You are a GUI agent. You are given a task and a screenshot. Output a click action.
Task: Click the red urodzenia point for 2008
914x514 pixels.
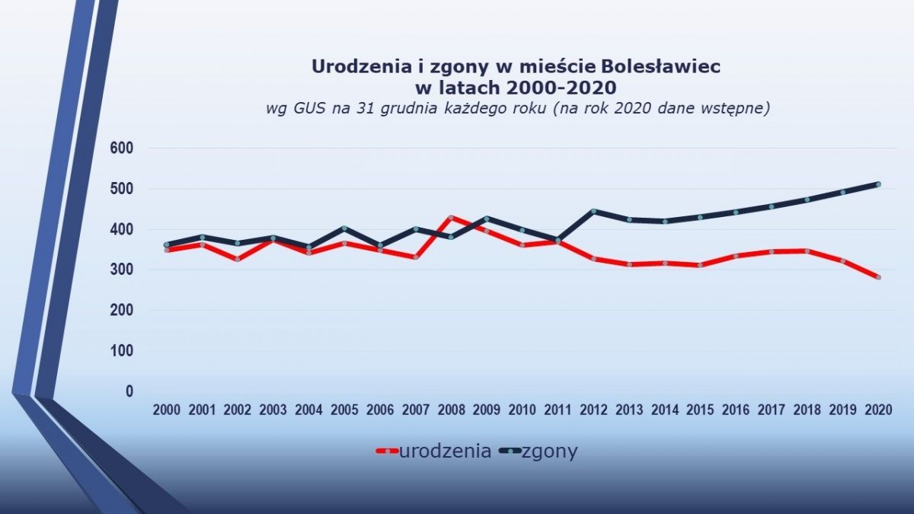coord(451,218)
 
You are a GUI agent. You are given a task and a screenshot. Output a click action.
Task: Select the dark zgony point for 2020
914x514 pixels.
coord(878,184)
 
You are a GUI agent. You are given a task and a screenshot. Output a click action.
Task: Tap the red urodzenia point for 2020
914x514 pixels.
coord(878,277)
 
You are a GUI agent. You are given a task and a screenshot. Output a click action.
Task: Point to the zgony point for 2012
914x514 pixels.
coord(593,211)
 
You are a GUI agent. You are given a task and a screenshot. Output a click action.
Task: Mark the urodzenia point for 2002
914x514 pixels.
coord(238,259)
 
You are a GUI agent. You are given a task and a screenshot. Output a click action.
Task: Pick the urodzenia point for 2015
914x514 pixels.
coord(700,265)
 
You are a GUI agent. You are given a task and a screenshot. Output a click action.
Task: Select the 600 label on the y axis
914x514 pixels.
coord(122,148)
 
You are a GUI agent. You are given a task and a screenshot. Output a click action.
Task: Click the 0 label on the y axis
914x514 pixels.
coord(129,391)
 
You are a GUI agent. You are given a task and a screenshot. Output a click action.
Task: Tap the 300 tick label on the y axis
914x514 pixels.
coord(122,270)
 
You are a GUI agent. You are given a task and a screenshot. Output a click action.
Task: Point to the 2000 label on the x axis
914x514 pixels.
coord(167,410)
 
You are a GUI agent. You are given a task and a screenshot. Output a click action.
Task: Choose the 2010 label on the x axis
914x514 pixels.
coord(523,410)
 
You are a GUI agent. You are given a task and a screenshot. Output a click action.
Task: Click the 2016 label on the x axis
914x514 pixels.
coord(736,410)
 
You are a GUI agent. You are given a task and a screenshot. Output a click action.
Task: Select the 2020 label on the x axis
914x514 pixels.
coord(878,410)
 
